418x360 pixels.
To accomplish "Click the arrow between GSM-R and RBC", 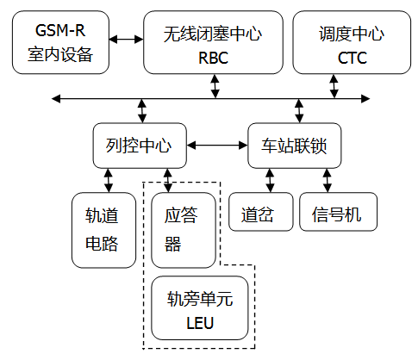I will tap(127, 39).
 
